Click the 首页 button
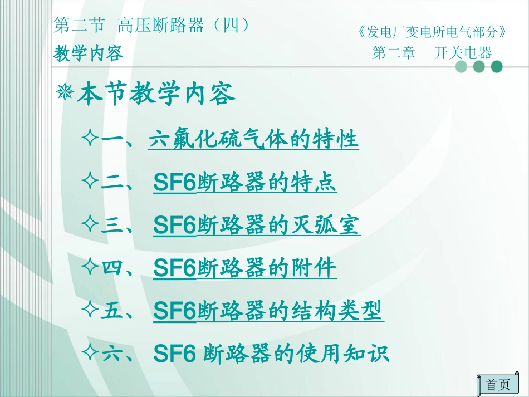point(498,384)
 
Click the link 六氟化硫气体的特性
point(253,140)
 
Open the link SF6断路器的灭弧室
point(257,226)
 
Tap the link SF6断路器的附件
point(245,268)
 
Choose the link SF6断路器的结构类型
point(268,311)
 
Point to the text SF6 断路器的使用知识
point(271,354)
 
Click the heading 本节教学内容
point(156,95)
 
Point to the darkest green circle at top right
point(496,67)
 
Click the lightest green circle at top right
point(461,67)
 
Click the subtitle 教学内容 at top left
point(88,54)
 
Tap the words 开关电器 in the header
point(463,53)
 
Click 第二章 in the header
point(394,53)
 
